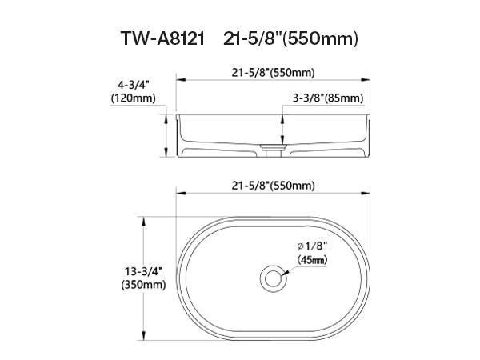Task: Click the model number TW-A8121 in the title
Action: [x=162, y=38]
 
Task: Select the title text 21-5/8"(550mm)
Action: [x=290, y=39]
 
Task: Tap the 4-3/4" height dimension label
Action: [x=134, y=85]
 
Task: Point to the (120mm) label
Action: [x=133, y=98]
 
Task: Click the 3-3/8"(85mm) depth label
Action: [x=328, y=98]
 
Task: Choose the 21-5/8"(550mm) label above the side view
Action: [x=273, y=73]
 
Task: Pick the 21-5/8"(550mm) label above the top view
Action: [x=273, y=186]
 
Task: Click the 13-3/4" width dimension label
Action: [x=143, y=271]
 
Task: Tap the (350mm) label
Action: [x=143, y=285]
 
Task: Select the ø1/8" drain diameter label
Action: [x=312, y=246]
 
